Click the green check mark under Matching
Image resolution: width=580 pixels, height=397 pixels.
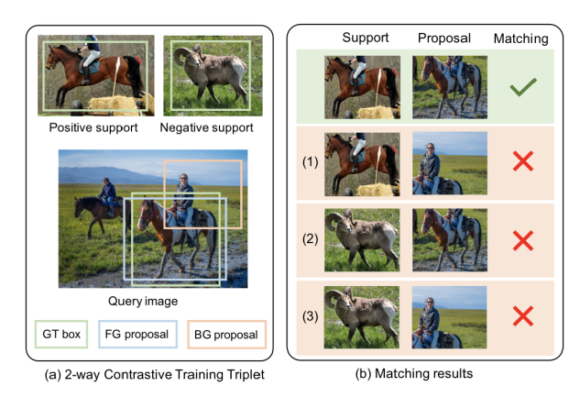pyautogui.click(x=522, y=88)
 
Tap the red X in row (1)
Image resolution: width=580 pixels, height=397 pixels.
pyautogui.click(x=522, y=163)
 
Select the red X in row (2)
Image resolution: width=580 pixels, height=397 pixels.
pyautogui.click(x=522, y=240)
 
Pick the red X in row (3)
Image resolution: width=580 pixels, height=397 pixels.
pyautogui.click(x=522, y=316)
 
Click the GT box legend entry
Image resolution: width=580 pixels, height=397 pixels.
pyautogui.click(x=62, y=334)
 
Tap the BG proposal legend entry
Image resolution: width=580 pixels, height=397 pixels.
pyautogui.click(x=226, y=334)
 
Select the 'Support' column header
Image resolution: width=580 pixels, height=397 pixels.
pyautogui.click(x=366, y=39)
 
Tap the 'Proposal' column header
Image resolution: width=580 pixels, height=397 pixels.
pyautogui.click(x=443, y=39)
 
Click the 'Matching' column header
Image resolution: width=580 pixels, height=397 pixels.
pyautogui.click(x=520, y=39)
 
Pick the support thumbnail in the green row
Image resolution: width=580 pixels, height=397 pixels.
pyautogui.click(x=362, y=88)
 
